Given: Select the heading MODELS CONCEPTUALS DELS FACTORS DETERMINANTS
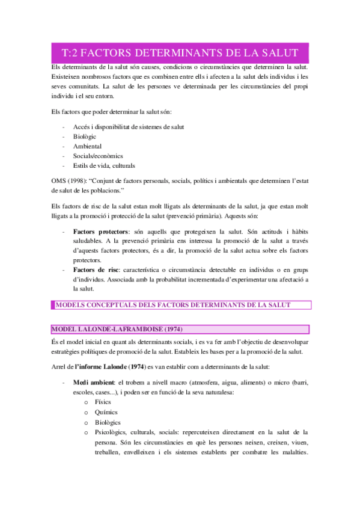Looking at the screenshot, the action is coord(173,305).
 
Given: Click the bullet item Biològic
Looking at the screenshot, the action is coord(85,137).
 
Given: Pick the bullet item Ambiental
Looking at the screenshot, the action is coord(87,146).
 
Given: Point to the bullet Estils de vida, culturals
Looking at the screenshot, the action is coord(104,165).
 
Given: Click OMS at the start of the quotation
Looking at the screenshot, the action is coord(59,182).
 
